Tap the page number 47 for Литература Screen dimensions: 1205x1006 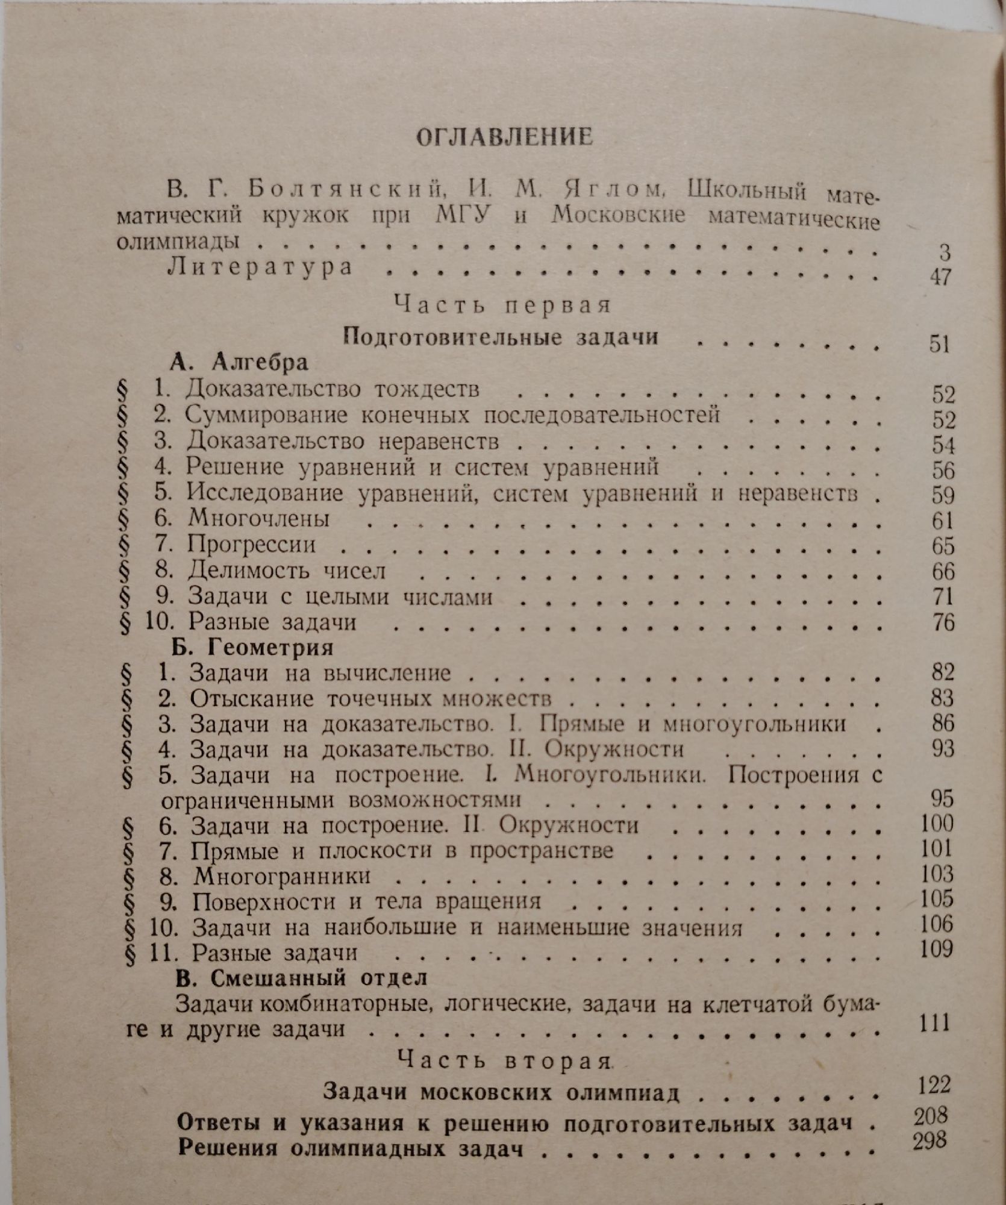[940, 277]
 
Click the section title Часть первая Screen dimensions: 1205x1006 [504, 305]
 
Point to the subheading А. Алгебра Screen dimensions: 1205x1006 [239, 363]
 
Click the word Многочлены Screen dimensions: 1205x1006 [258, 518]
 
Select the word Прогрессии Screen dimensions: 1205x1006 [251, 544]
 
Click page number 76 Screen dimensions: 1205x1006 [943, 622]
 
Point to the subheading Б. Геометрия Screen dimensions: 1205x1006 [252, 647]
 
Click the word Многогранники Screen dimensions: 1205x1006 [282, 875]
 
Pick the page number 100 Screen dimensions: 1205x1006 [937, 823]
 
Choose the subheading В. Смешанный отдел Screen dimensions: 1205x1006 [301, 977]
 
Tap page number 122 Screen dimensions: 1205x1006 [934, 1085]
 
